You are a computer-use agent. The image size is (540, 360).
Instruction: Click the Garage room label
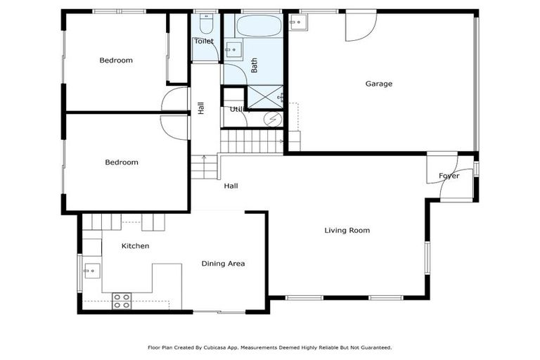378,84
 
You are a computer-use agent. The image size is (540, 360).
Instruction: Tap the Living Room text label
347,230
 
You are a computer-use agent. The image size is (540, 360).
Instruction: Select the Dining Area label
223,264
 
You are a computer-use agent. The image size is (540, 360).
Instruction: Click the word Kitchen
135,246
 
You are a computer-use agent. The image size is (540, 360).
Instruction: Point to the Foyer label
449,176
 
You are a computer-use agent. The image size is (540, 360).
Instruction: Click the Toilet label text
204,41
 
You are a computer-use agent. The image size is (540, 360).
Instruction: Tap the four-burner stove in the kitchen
122,301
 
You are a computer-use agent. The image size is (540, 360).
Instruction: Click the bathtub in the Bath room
258,27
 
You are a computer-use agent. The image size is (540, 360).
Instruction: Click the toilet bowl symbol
205,26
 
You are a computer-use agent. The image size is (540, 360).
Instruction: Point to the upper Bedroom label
116,60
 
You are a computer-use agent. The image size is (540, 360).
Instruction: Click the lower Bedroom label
122,162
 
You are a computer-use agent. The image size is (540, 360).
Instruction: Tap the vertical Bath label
255,65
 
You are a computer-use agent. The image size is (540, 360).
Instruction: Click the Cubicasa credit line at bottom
269,347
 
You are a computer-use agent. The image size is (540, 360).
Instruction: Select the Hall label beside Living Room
231,186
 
